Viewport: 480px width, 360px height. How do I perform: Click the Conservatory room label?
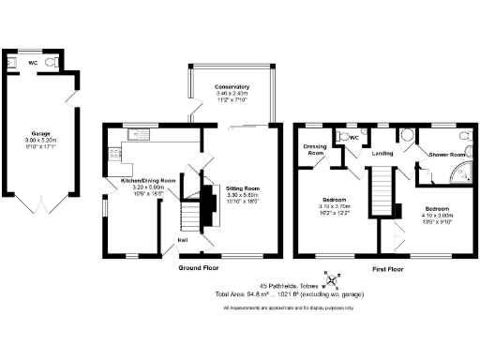pos(231,87)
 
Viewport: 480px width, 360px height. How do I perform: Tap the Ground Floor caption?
pos(199,267)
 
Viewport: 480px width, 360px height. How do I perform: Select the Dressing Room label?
pos(313,148)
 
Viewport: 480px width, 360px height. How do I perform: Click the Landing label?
pos(382,152)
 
